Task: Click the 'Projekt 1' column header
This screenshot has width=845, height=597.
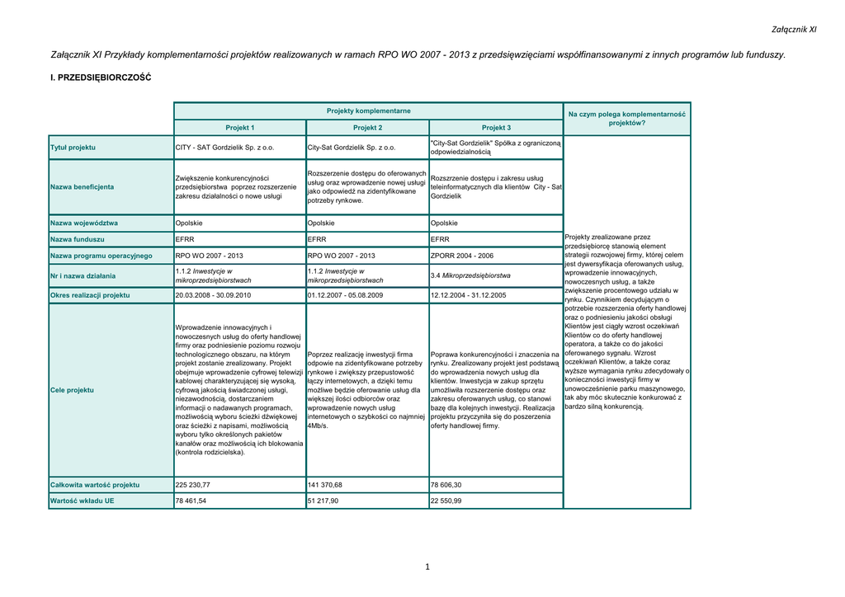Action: pos(240,128)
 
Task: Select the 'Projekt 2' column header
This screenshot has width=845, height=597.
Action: pos(368,128)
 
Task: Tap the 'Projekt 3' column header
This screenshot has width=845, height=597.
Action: pos(496,128)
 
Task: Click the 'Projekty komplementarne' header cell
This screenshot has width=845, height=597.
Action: pos(368,110)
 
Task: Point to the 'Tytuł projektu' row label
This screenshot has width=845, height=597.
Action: pos(73,148)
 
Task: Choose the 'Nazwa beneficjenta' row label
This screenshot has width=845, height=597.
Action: pos(82,186)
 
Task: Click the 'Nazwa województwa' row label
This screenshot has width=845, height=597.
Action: pos(84,223)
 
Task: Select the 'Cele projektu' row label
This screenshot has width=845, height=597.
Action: pos(72,390)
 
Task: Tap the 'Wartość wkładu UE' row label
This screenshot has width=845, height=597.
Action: pos(83,501)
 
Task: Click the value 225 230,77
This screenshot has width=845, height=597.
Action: pos(193,485)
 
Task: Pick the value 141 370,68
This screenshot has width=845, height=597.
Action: pos(324,485)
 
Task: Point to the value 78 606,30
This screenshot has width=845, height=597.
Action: pos(446,485)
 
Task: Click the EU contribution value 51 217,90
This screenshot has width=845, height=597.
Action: pos(323,501)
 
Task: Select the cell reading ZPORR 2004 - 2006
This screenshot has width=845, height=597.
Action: pos(462,256)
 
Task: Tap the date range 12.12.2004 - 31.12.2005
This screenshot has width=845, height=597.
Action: pos(469,294)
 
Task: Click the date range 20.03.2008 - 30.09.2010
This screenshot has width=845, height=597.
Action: pos(213,294)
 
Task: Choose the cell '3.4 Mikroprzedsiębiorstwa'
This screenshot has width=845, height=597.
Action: pos(470,275)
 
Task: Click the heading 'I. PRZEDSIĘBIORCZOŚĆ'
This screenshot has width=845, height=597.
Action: pos(101,78)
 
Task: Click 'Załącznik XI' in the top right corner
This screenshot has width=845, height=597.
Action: pos(794,30)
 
